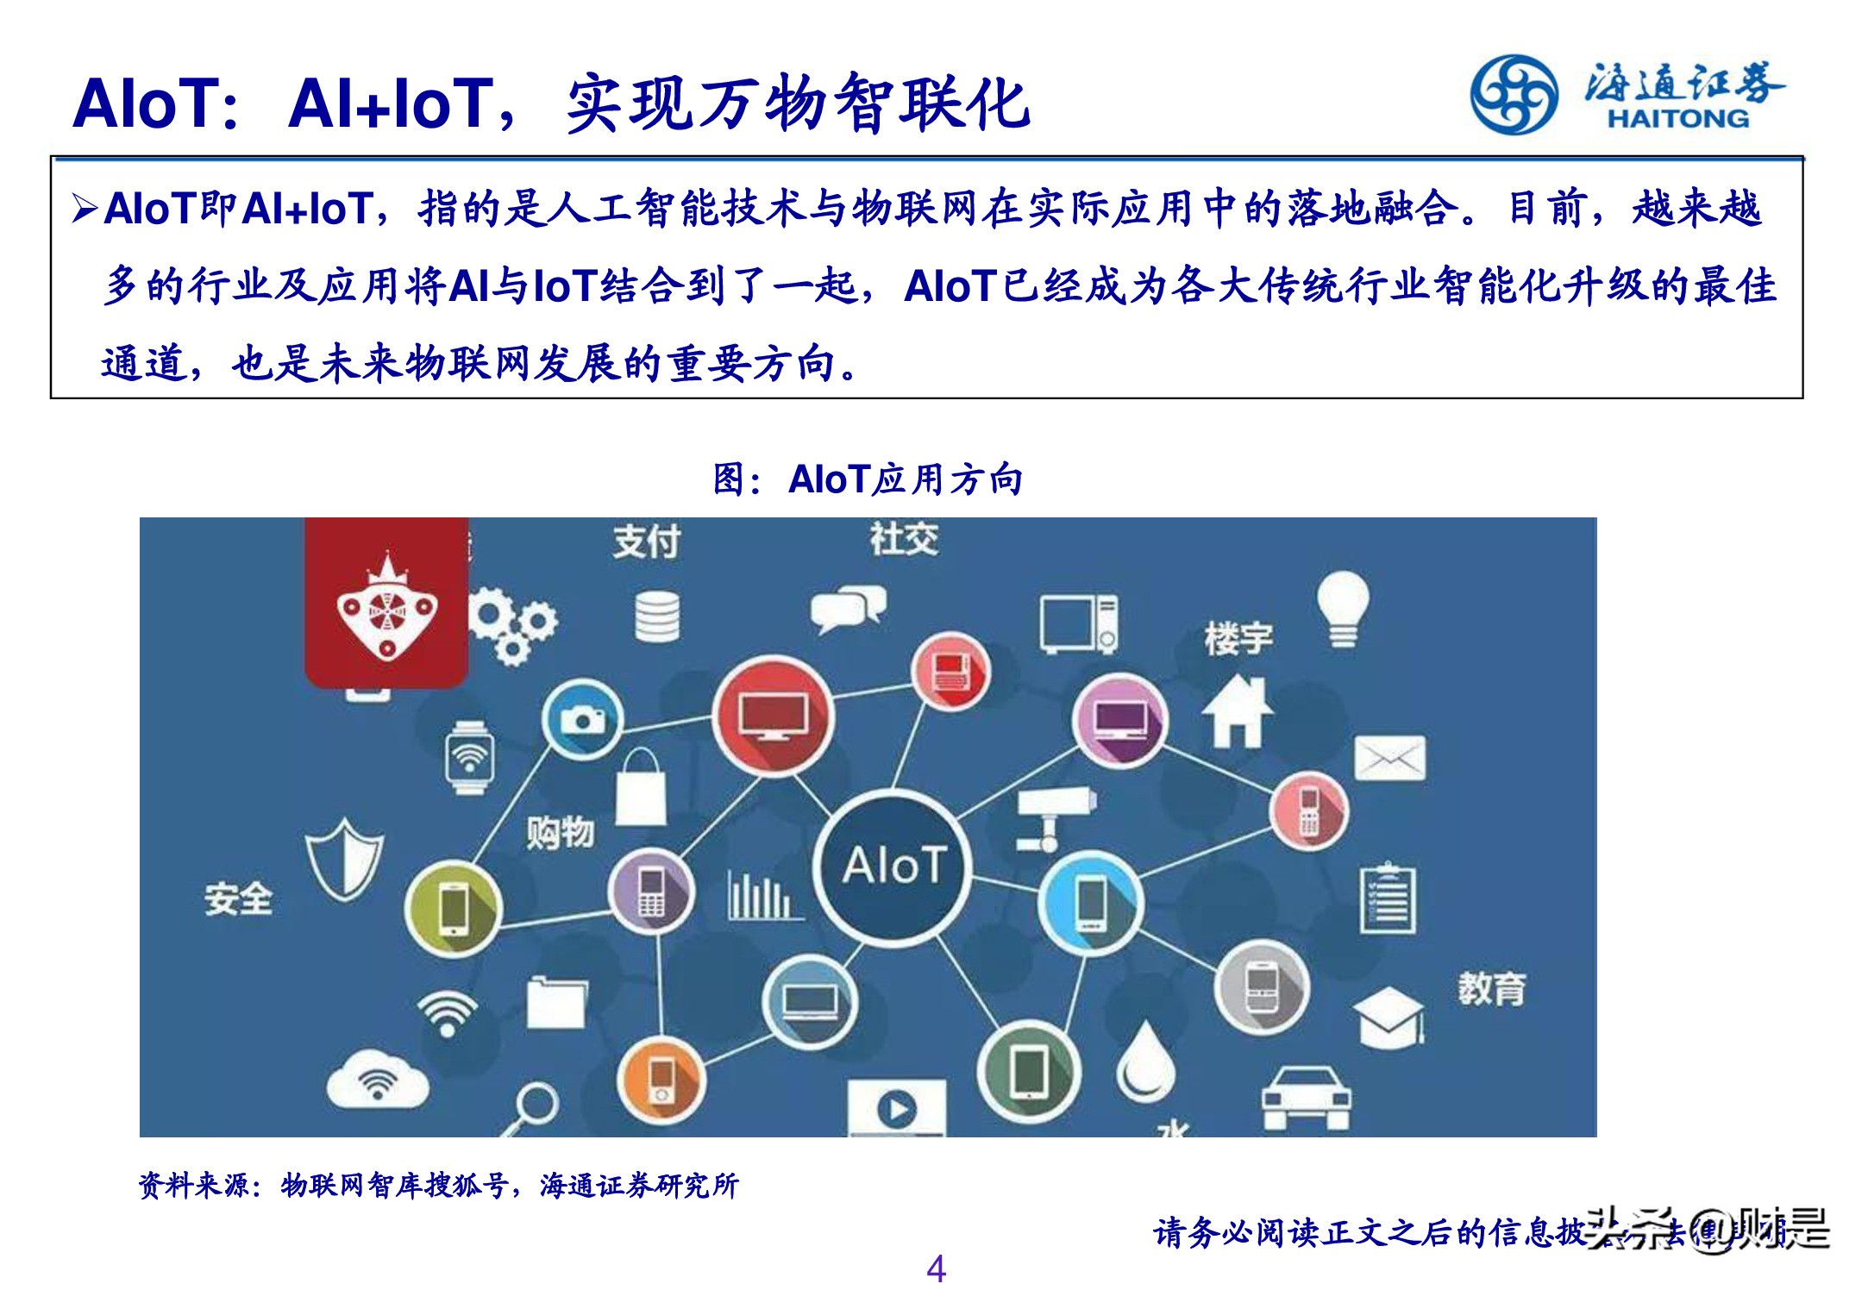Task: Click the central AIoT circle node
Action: coord(893,866)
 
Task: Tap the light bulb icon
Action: coord(1342,609)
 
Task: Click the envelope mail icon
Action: coord(1388,758)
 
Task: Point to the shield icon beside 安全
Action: coord(344,859)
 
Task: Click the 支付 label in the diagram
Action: coord(647,542)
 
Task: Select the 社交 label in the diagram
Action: coord(903,539)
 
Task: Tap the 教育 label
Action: coord(1491,988)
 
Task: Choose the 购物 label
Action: coord(560,833)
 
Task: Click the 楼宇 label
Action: coord(1238,639)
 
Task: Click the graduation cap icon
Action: coord(1388,1018)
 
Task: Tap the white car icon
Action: coord(1306,1098)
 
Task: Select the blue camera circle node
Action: coord(582,718)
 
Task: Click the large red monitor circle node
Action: coord(773,717)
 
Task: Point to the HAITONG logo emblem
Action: coord(1514,95)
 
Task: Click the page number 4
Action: coord(936,1268)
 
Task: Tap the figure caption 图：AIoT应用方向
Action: coord(868,479)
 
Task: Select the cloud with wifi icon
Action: coord(377,1080)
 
